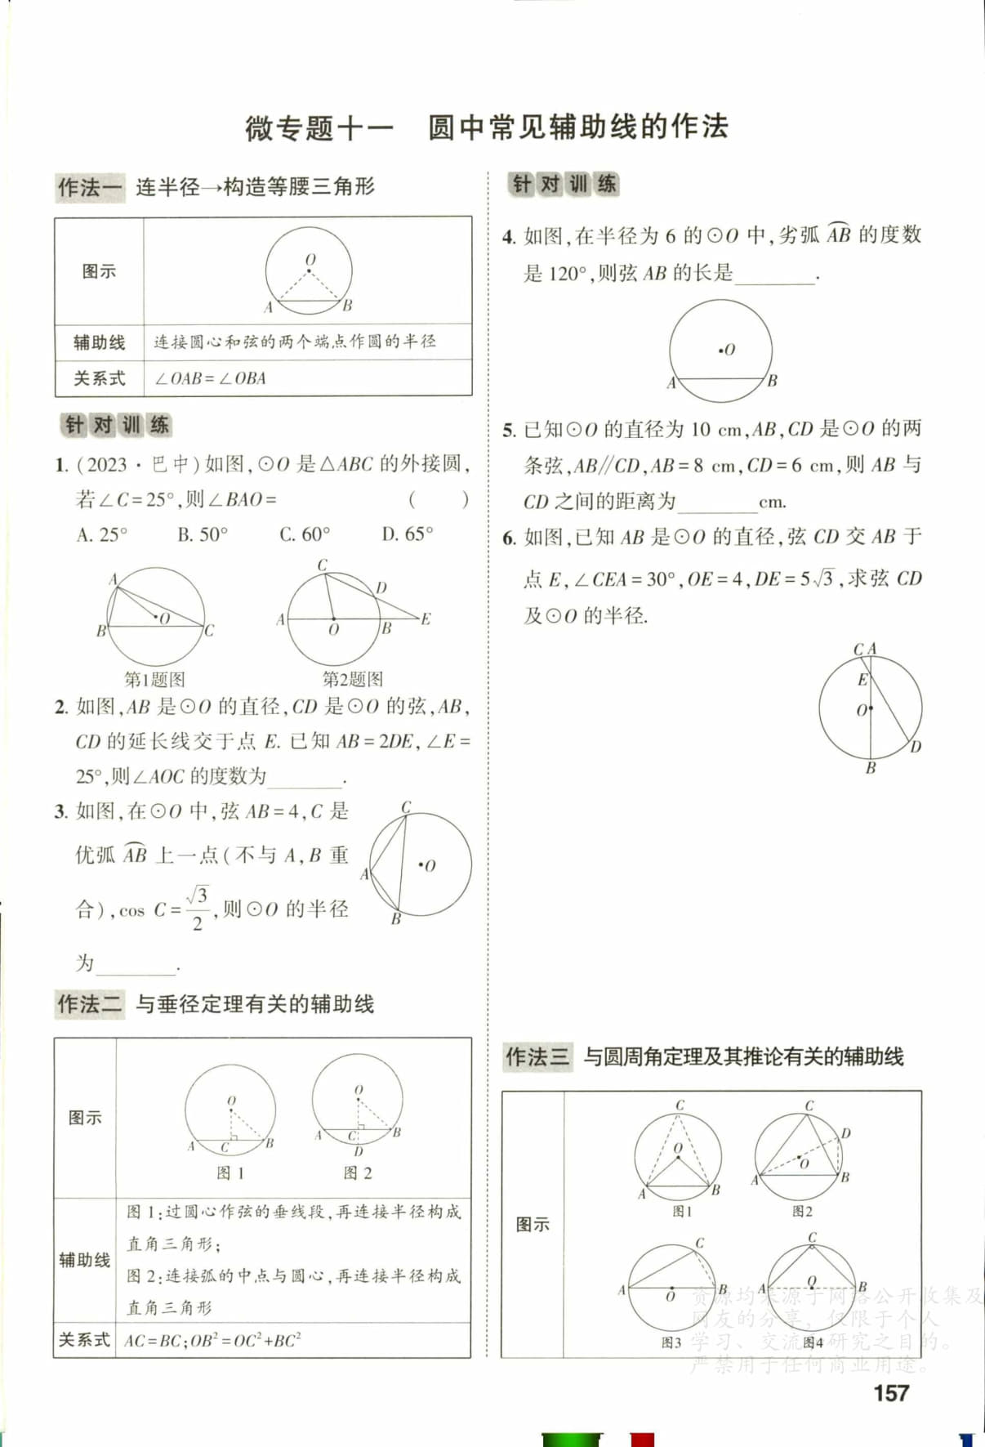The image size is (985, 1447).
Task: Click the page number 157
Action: [x=891, y=1393]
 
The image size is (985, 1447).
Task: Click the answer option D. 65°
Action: [x=408, y=534]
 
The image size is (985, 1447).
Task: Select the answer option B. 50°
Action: [x=203, y=534]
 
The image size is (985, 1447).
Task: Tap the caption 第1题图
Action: [x=154, y=679]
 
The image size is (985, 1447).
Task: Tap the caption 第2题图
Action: [x=352, y=678]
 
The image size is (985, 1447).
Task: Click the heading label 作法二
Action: [x=89, y=1004]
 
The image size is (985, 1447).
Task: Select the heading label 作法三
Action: [x=537, y=1056]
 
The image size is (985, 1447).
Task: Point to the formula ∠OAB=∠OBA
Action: [x=211, y=378]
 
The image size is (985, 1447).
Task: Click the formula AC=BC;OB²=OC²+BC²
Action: [x=212, y=1340]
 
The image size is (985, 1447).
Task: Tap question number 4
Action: [x=509, y=237]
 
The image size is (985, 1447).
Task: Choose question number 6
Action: [x=509, y=538]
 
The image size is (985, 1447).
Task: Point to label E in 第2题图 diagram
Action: [x=426, y=619]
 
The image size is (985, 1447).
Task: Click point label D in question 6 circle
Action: [x=916, y=747]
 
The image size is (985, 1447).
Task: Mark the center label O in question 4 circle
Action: [x=729, y=350]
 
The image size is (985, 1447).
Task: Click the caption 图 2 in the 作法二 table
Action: [x=358, y=1172]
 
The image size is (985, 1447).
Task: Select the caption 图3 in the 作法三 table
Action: [x=671, y=1342]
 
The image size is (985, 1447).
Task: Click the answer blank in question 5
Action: [x=717, y=502]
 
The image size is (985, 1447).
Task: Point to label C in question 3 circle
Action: [x=406, y=807]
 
